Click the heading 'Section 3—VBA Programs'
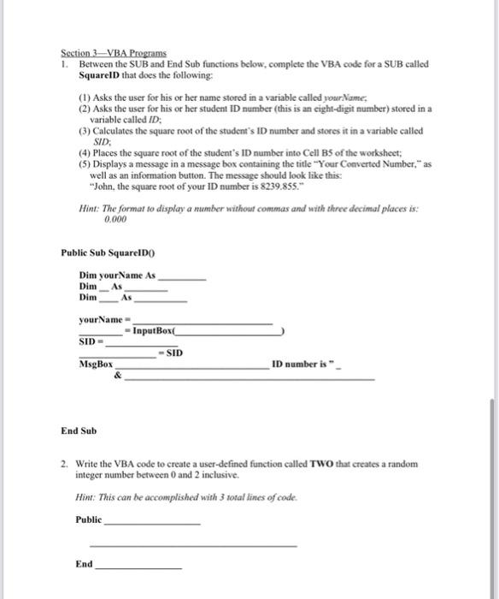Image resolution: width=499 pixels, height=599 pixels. [114, 54]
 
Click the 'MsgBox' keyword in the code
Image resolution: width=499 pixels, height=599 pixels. [97, 365]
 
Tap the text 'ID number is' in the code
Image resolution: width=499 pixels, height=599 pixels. [299, 365]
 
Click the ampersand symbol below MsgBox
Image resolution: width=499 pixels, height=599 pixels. [117, 375]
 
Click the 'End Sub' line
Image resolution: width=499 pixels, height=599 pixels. [79, 430]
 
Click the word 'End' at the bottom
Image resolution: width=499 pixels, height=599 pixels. [84, 564]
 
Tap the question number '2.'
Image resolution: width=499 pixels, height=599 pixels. [65, 465]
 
